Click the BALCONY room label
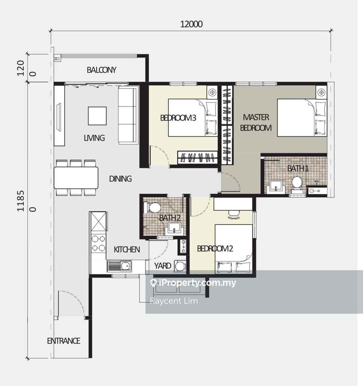point(102,70)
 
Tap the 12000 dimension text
point(191,24)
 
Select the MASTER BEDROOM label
point(256,123)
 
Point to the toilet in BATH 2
point(152,208)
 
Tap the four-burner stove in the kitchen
point(99,243)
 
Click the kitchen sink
point(119,266)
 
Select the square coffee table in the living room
point(97,116)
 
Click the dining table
point(76,178)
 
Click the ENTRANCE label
point(63,341)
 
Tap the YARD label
point(162,266)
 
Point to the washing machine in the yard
point(180,266)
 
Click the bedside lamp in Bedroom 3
point(212,92)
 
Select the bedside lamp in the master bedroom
point(321,92)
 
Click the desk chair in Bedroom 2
point(234,214)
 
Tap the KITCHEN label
point(127,250)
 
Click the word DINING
point(120,179)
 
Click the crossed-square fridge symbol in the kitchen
point(99,221)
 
